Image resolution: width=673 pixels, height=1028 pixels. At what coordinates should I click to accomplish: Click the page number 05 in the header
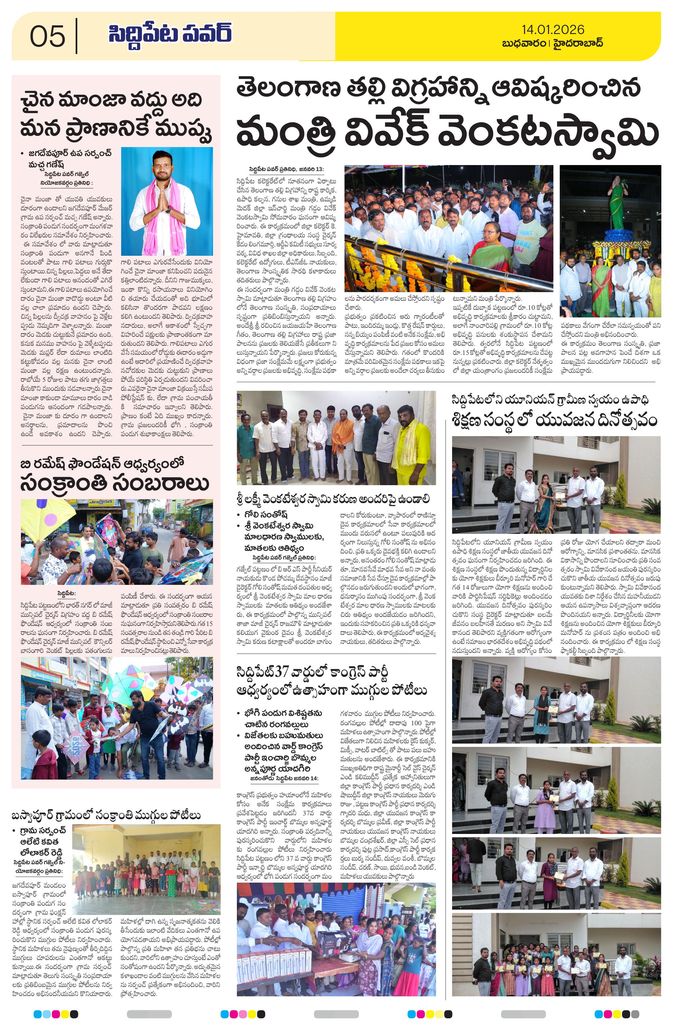pos(48,36)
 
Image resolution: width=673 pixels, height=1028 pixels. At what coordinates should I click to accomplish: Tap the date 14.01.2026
pos(552,29)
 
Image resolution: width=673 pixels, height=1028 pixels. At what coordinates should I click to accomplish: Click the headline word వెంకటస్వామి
pos(548,132)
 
